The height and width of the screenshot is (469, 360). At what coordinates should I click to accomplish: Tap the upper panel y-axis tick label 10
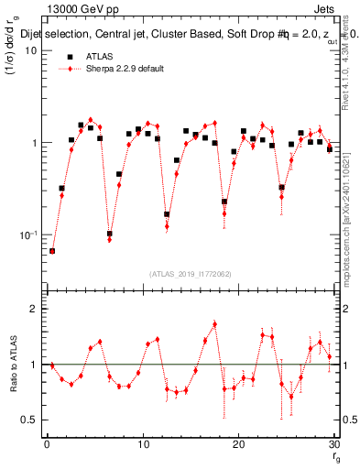click(31, 50)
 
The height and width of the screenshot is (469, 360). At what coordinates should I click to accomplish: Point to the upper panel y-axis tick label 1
click(35, 143)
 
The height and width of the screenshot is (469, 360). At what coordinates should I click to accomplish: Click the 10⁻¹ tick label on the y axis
click(29, 235)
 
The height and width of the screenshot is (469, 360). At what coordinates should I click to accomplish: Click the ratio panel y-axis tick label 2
click(36, 309)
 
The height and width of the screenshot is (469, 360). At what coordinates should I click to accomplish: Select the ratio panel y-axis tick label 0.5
click(31, 420)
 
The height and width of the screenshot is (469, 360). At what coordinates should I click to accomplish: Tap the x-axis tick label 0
click(47, 444)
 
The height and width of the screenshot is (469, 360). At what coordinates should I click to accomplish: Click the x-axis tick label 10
click(142, 444)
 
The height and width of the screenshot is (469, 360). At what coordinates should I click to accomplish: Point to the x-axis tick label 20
click(238, 444)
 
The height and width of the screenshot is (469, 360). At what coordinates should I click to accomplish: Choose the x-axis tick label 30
click(333, 444)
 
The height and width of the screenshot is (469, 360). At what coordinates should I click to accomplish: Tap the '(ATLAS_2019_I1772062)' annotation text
click(190, 274)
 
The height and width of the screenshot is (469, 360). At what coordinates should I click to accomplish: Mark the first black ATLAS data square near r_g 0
click(52, 250)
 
